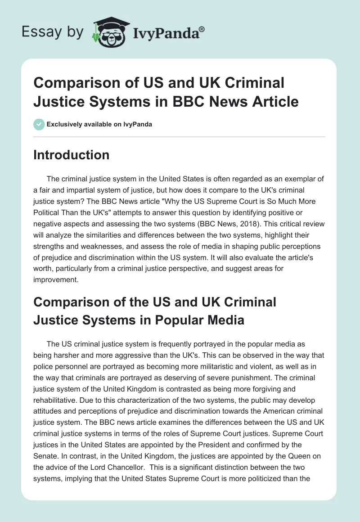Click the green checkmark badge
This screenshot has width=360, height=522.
click(39, 124)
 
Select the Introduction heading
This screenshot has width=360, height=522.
click(72, 155)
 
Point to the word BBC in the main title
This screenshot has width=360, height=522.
click(219, 101)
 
